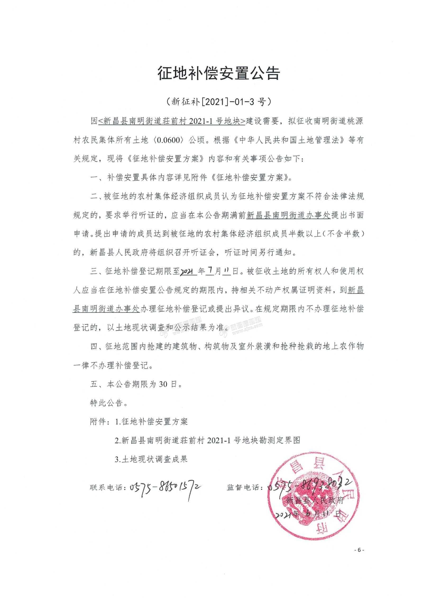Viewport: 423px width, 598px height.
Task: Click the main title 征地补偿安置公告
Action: click(218, 73)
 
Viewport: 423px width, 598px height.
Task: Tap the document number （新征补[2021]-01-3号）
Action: click(218, 102)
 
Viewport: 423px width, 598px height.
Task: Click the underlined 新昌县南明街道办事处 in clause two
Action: click(288, 215)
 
